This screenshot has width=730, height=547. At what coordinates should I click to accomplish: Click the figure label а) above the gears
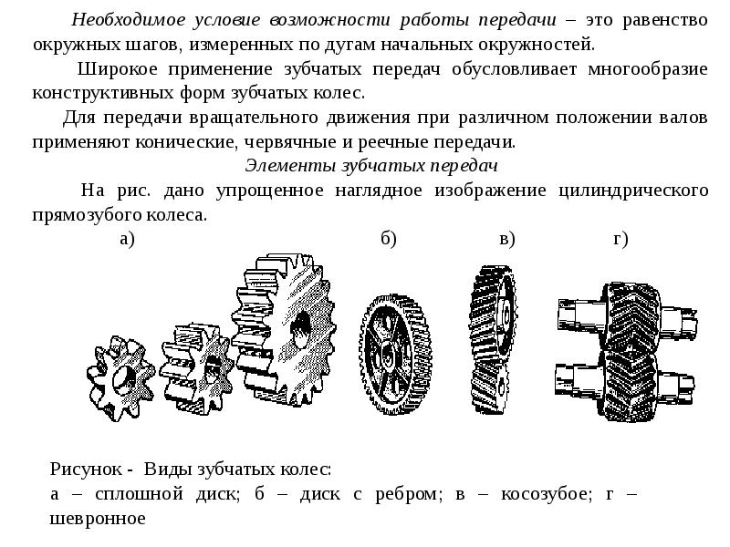click(x=127, y=239)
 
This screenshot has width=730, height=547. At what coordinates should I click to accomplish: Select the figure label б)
click(x=389, y=239)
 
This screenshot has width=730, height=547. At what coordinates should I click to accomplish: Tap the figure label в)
click(x=507, y=239)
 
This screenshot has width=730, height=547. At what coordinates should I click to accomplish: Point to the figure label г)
click(x=620, y=239)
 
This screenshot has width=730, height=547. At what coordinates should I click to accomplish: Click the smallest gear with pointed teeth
click(x=120, y=378)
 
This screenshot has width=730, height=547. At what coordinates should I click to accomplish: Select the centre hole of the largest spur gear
click(x=301, y=328)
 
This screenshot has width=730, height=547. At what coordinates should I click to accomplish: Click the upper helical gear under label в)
click(x=494, y=316)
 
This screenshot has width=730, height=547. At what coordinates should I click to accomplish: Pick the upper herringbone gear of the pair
click(x=631, y=316)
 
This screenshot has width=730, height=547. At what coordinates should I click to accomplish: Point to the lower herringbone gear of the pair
click(x=629, y=385)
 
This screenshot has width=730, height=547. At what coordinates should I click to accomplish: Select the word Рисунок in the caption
click(x=86, y=469)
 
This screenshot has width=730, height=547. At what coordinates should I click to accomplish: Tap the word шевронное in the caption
click(x=98, y=518)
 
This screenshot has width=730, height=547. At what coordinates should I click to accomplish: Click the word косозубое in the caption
click(x=546, y=494)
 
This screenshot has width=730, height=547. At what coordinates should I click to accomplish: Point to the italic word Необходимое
click(x=129, y=20)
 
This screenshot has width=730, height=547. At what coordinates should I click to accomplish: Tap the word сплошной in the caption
click(x=139, y=494)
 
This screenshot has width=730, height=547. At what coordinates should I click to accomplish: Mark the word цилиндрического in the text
click(x=633, y=191)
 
